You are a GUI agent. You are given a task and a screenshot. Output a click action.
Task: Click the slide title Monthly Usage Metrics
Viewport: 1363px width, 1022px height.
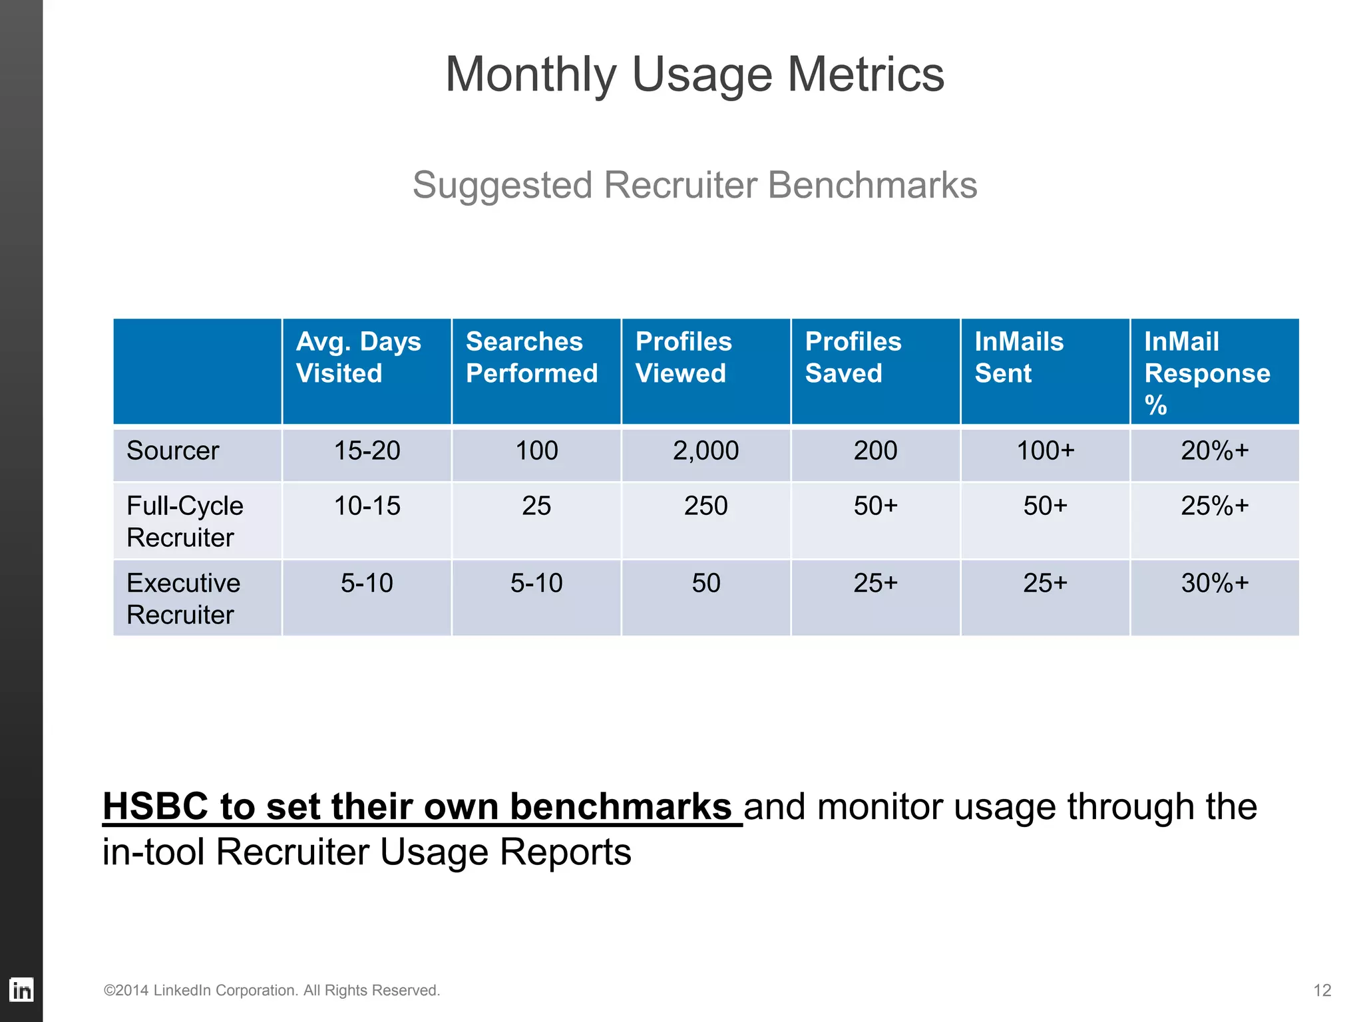[694, 75]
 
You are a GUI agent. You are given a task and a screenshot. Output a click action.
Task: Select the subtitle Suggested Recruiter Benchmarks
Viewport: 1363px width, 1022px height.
[694, 185]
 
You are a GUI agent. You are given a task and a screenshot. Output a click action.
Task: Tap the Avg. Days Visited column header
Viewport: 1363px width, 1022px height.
[359, 357]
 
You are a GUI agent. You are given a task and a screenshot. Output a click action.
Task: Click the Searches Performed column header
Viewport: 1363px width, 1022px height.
[531, 357]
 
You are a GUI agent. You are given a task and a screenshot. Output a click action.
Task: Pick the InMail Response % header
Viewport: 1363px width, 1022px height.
[1207, 373]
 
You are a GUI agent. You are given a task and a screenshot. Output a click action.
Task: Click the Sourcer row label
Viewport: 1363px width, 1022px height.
[172, 451]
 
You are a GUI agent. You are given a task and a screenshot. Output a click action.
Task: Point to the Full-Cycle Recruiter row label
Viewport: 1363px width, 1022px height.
[184, 521]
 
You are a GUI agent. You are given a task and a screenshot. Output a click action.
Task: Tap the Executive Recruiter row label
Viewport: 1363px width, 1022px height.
[183, 598]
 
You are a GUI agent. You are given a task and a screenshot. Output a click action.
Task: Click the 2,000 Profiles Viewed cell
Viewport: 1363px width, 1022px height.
[705, 451]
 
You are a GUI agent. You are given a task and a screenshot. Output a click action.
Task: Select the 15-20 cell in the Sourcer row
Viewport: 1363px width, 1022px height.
[367, 451]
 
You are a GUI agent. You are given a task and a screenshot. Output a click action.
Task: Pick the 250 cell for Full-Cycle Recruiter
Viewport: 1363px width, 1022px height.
[705, 506]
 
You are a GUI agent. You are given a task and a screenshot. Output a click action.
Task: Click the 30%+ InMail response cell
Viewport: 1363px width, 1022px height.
[1215, 584]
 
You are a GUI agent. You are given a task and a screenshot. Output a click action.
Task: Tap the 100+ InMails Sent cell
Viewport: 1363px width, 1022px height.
[1045, 451]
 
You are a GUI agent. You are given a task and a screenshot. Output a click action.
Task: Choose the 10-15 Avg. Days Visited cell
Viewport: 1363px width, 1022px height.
[367, 506]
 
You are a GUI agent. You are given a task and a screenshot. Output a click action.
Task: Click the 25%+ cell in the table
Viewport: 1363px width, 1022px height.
[1215, 506]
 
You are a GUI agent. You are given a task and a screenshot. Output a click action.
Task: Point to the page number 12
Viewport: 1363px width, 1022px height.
[1322, 990]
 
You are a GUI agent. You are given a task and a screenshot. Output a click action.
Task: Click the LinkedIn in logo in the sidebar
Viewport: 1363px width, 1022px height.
[21, 990]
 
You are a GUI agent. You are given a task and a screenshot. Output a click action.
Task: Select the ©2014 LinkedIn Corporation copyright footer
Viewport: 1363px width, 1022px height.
[272, 990]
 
